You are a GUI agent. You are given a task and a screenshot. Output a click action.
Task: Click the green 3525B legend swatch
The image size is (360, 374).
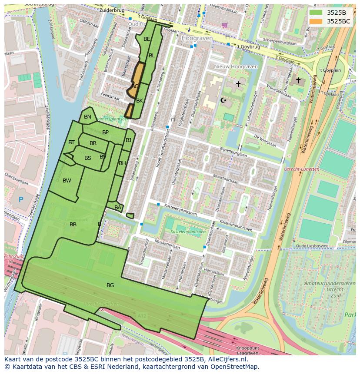pos(316,13)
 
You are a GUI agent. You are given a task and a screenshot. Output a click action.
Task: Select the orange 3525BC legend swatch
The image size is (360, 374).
pos(316,21)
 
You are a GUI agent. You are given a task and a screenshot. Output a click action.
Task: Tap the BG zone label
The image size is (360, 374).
pos(110,285)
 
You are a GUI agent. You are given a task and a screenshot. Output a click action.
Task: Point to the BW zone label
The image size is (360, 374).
pos(67,181)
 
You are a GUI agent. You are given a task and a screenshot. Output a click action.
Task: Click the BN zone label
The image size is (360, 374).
pos(87,117)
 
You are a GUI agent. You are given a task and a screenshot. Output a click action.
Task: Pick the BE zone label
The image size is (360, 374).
pos(147,39)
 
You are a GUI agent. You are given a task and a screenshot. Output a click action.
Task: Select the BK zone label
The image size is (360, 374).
pos(140,101)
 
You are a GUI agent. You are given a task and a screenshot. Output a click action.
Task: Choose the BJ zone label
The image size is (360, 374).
pos(128,140)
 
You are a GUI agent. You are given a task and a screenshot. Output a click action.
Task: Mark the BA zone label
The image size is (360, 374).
pos(118,208)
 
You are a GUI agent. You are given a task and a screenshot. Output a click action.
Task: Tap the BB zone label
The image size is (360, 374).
pos(73,225)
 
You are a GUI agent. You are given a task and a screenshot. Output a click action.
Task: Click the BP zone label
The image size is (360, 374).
pos(105,132)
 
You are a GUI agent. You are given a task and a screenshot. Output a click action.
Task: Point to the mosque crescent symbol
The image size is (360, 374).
pos(224,101)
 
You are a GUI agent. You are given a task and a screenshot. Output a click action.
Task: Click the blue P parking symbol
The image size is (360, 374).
pos(21,200)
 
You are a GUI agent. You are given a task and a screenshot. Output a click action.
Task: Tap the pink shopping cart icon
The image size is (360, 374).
pos(224,25)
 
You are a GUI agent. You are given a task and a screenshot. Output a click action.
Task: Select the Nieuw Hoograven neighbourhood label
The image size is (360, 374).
pos(236,66)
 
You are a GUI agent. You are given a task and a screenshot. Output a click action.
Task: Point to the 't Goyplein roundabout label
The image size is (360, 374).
pos(330,70)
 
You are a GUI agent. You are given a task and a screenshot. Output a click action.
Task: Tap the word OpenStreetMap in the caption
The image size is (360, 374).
pos(233,366)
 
